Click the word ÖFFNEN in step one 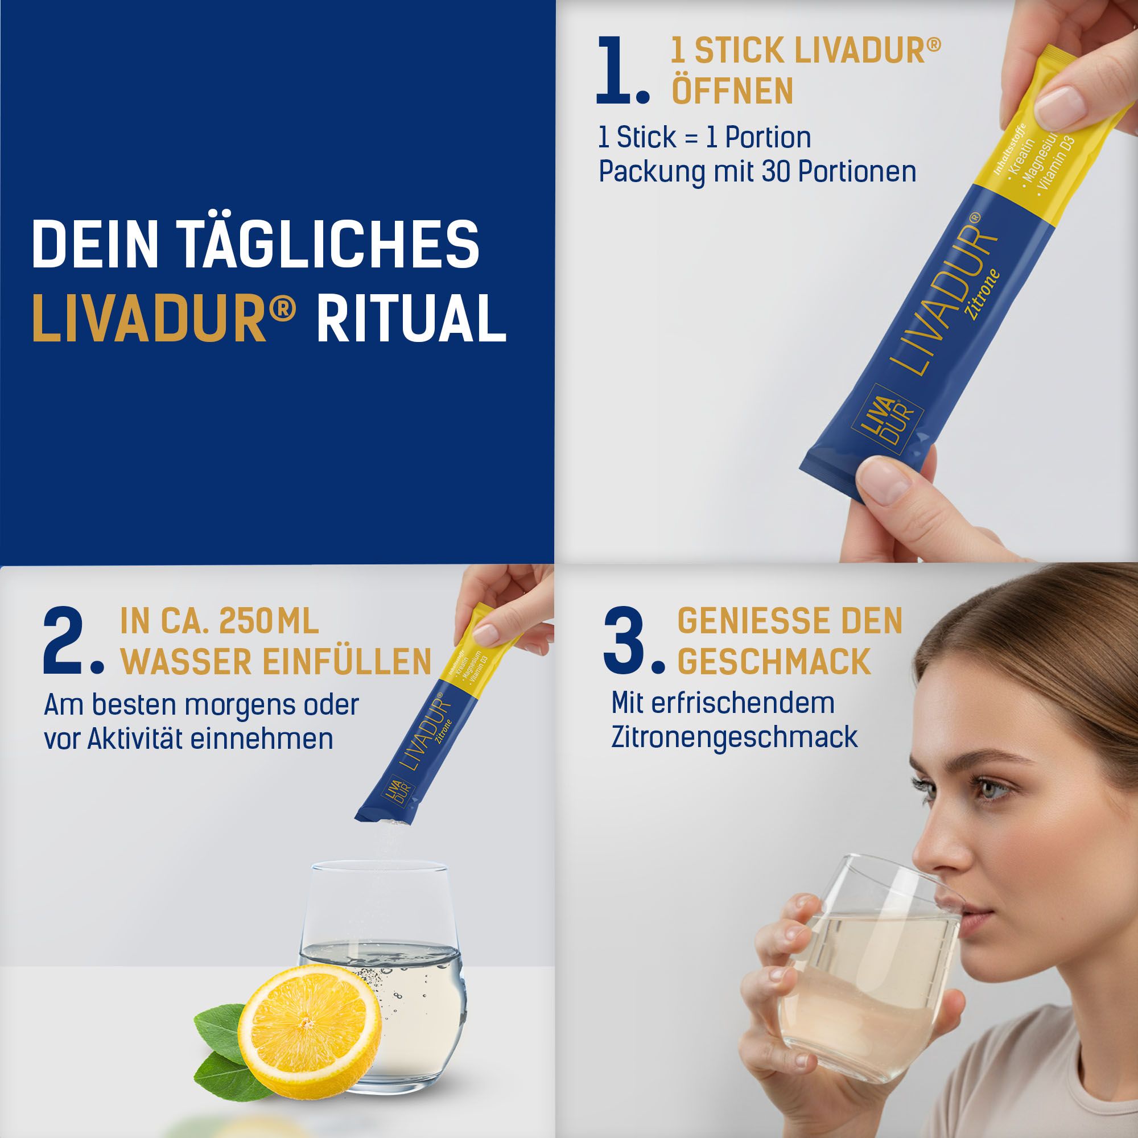click(732, 90)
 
